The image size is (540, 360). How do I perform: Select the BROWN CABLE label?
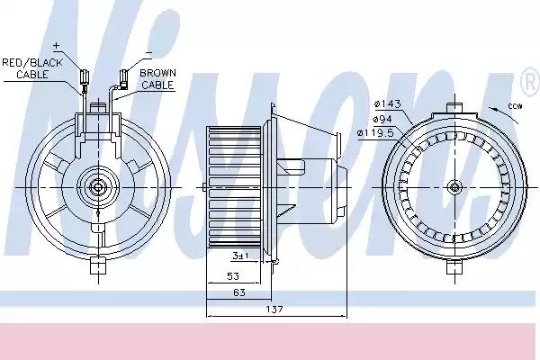(x=157, y=78)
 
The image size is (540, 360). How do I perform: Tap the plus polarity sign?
(x=55, y=45)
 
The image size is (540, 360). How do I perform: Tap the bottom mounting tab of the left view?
(x=96, y=266)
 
